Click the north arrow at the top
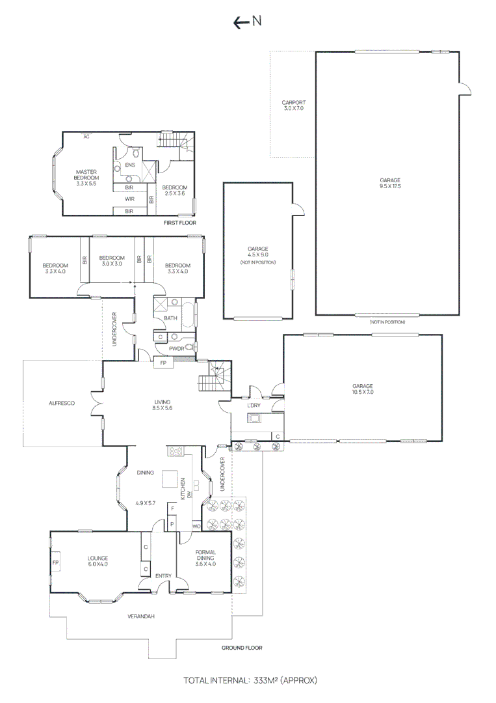(248, 21)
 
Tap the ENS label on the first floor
(130, 165)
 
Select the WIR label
(129, 199)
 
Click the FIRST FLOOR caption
(180, 223)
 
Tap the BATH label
(170, 318)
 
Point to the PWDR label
(176, 349)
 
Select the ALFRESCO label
(62, 404)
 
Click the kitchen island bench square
(170, 480)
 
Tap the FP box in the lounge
(56, 562)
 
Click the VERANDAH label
(141, 616)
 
